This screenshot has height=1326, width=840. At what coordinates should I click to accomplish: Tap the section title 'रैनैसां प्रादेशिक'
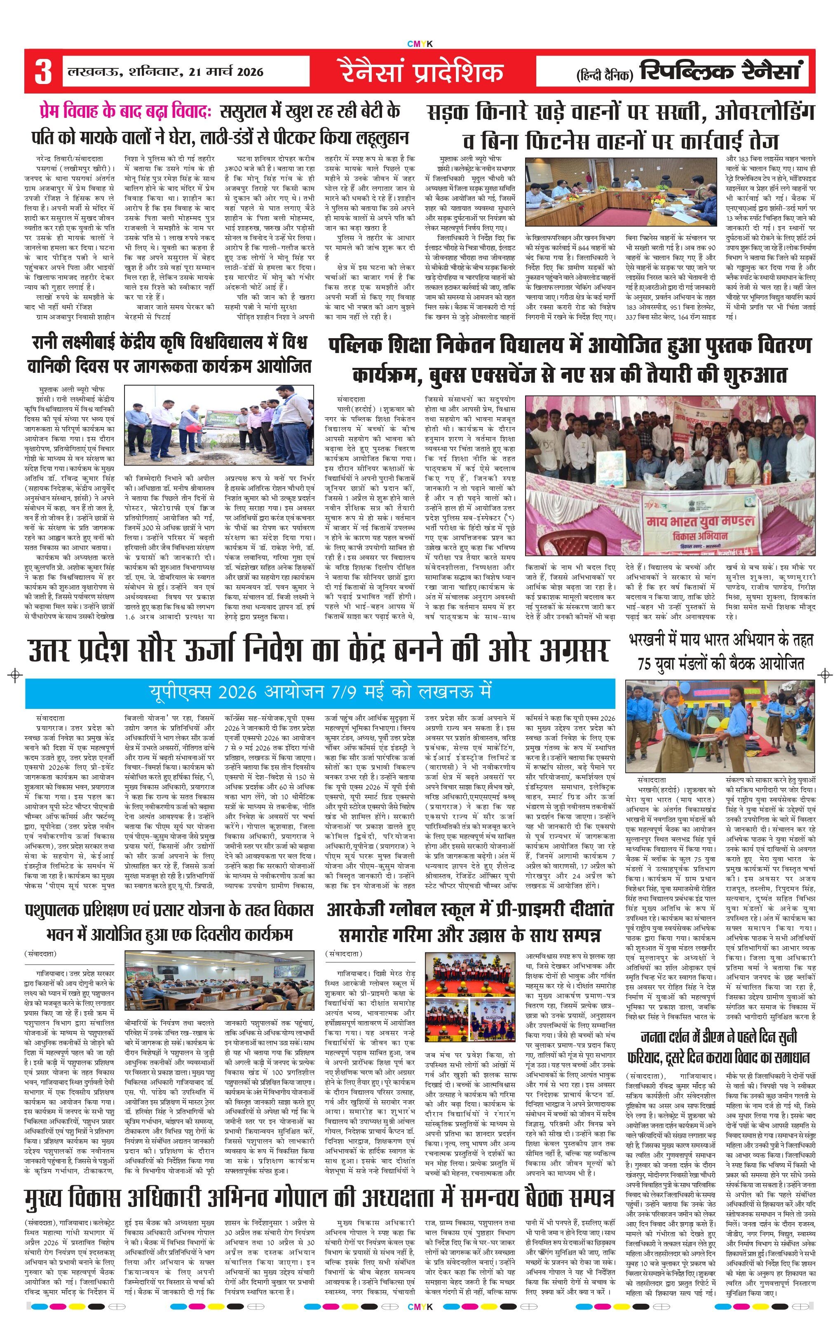pyautogui.click(x=421, y=72)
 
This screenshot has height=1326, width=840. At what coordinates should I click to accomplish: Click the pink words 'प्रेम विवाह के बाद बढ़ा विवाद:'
pyautogui.click(x=126, y=112)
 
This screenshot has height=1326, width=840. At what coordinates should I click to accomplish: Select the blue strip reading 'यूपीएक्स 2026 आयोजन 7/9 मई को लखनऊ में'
pyautogui.click(x=319, y=692)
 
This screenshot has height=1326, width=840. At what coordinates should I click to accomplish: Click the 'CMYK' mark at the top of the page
pyautogui.click(x=420, y=44)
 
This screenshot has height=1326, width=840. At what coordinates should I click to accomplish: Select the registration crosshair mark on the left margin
pyautogui.click(x=15, y=675)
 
